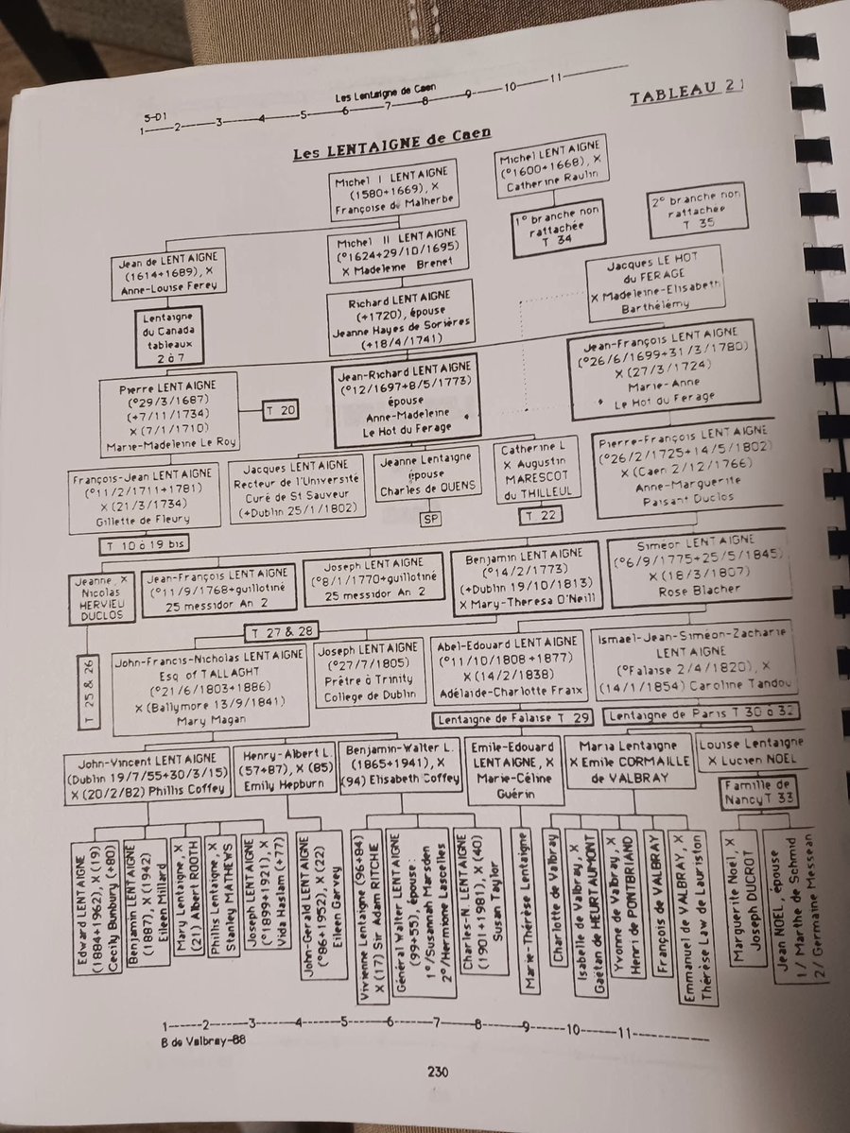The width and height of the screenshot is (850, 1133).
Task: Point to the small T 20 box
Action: coord(282,409)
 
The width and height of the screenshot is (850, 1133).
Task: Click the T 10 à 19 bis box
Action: coord(144,545)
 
